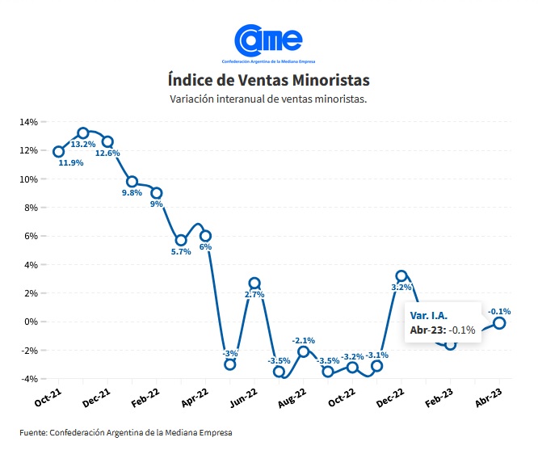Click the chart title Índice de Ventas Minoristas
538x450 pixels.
tap(268, 80)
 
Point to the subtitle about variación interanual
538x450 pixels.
tap(268, 99)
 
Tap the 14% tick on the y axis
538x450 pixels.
tap(29, 122)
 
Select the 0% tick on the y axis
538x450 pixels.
tap(32, 322)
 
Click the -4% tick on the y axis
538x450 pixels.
tap(31, 379)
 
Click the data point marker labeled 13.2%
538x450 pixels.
tap(83, 133)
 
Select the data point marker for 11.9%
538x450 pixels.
tap(58, 151)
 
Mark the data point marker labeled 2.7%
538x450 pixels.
tap(254, 283)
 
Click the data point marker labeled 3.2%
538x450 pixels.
tap(401, 275)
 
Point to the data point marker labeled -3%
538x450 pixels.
tap(230, 364)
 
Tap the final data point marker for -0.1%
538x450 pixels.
tap(500, 322)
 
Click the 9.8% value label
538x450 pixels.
tap(132, 193)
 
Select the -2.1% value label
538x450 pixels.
tap(304, 340)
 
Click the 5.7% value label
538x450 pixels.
tap(180, 252)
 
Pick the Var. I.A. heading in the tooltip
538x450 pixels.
tap(428, 315)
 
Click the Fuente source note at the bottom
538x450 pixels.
tap(126, 433)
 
